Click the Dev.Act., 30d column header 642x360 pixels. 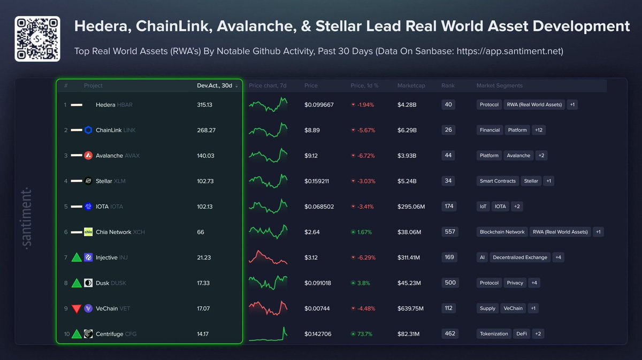[x=215, y=86]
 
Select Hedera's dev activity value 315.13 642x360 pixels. [x=205, y=105]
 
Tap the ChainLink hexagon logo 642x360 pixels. [x=88, y=130]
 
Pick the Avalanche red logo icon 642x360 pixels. [x=88, y=156]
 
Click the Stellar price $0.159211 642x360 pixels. [x=317, y=181]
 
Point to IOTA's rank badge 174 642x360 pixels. [x=448, y=206]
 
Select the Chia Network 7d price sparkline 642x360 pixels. [x=268, y=232]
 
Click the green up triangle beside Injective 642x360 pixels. [x=77, y=257]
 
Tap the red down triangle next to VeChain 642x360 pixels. [x=77, y=309]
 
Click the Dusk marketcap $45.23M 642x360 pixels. [x=409, y=283]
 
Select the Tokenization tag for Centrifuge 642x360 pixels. [x=494, y=334]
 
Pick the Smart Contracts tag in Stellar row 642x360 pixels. [x=498, y=181]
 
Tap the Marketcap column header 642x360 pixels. [x=411, y=86]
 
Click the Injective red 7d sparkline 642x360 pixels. [x=268, y=257]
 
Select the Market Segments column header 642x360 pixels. [x=500, y=86]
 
